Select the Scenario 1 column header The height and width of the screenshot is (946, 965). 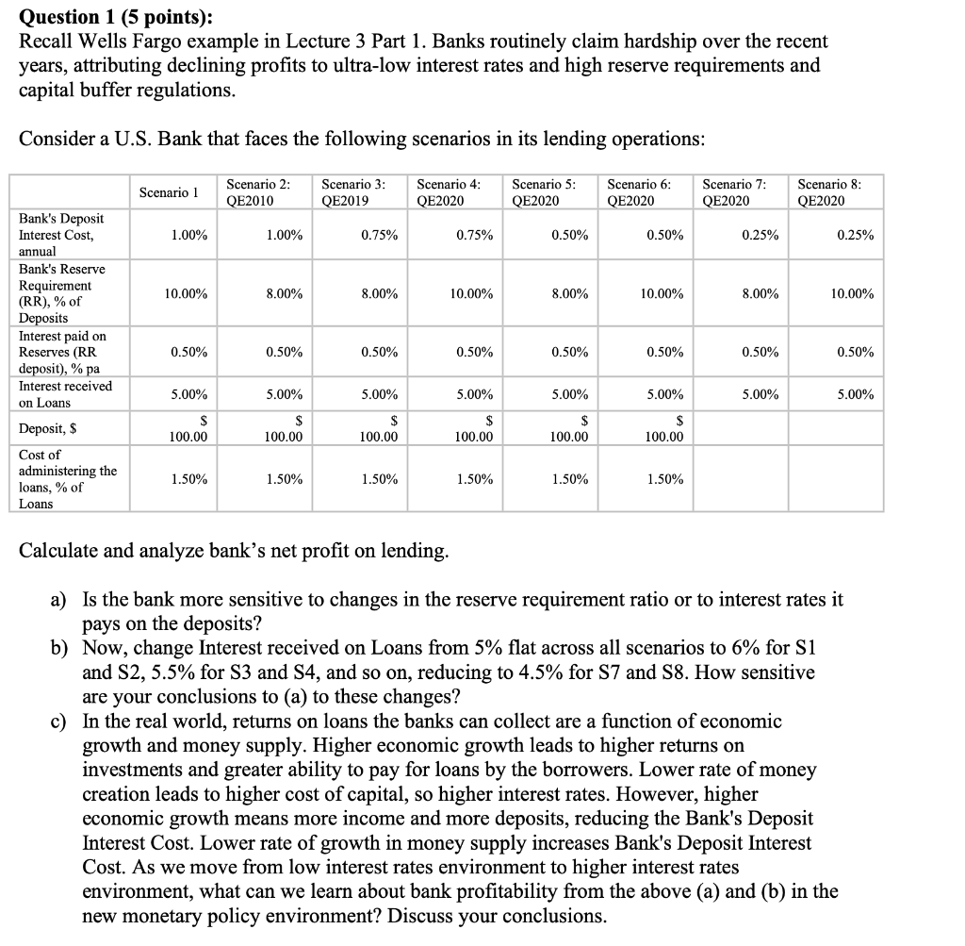pos(167,191)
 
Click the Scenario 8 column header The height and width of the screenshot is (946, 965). pos(828,191)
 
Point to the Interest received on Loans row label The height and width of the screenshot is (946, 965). pos(65,394)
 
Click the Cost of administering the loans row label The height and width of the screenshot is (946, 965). pos(68,479)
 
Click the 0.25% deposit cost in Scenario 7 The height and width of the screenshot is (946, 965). pos(759,235)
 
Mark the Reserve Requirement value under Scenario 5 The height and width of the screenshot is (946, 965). pos(569,294)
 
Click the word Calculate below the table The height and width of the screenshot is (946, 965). pos(62,551)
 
